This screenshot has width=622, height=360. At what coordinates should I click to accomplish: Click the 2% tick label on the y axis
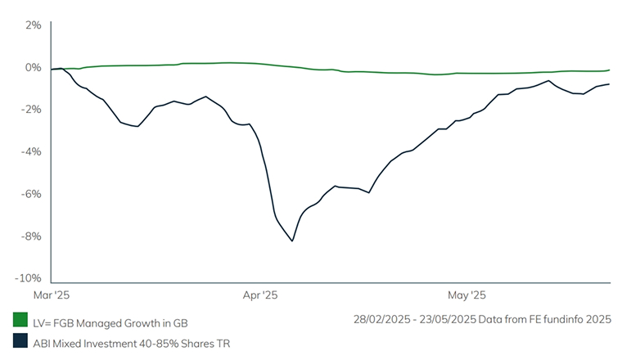pyautogui.click(x=33, y=25)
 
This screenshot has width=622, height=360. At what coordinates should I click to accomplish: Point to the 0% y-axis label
pyautogui.click(x=33, y=67)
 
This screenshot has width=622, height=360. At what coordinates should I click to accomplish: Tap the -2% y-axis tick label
pyautogui.click(x=31, y=110)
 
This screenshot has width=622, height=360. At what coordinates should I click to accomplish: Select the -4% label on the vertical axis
pyautogui.click(x=31, y=152)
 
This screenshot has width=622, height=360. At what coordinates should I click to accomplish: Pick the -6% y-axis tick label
pyautogui.click(x=31, y=195)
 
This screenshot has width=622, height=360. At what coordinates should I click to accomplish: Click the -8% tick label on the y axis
pyautogui.click(x=31, y=237)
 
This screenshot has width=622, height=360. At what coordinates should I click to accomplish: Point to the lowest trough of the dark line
pyautogui.click(x=292, y=241)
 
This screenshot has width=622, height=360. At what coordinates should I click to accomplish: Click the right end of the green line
pyautogui.click(x=610, y=70)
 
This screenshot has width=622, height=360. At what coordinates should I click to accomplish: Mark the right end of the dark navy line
pyautogui.click(x=610, y=84)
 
